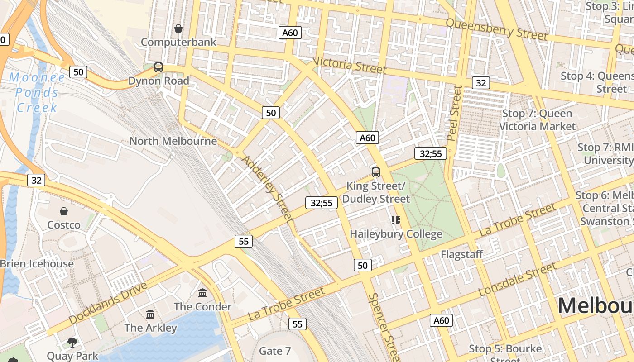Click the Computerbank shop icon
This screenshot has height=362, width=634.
(x=178, y=29)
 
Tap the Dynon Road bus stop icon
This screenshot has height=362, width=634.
(x=158, y=67)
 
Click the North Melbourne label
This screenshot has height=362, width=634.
(x=173, y=141)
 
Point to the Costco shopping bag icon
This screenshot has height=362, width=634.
(x=64, y=211)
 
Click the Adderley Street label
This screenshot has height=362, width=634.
(x=268, y=189)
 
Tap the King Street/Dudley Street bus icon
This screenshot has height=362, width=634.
(x=375, y=172)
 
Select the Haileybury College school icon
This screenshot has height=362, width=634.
(x=396, y=220)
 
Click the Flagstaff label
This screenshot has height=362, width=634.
(x=462, y=254)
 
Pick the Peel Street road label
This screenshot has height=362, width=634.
(x=454, y=113)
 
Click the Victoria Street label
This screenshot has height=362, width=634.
(x=349, y=65)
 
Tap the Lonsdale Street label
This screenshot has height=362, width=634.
(x=517, y=279)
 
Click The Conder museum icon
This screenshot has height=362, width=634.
(x=202, y=293)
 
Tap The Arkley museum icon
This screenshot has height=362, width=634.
(x=150, y=314)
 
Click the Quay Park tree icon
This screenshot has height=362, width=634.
(x=72, y=342)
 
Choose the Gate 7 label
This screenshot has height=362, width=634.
(x=275, y=351)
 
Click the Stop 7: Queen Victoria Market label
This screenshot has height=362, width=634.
(x=537, y=120)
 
